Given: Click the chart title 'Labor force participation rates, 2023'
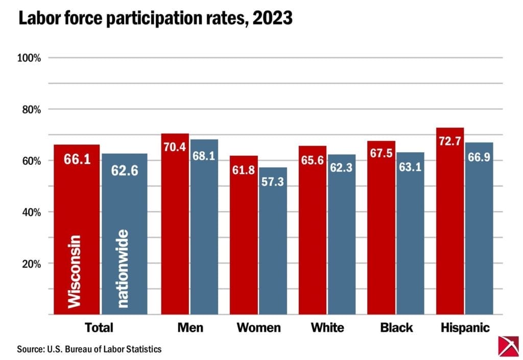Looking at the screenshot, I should pos(155,18).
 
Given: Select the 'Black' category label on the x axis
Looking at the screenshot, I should pos(396,327).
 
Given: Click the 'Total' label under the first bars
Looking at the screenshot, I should pos(99,327).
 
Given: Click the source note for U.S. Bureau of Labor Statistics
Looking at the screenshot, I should pos(89,349).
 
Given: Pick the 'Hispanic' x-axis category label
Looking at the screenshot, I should pos(464,327).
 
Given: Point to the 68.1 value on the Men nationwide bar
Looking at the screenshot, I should pos(204,156).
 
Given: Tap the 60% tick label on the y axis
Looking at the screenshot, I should pos(30,161).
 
